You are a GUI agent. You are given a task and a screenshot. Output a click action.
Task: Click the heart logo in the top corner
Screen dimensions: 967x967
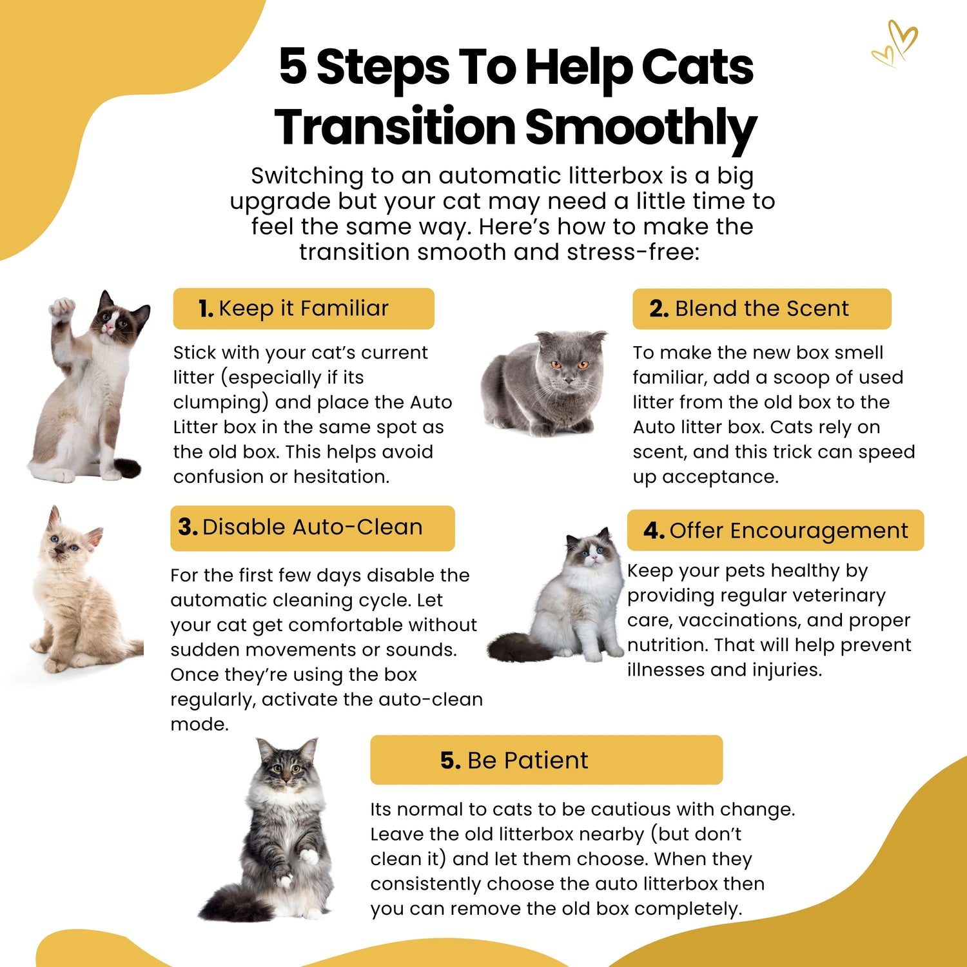pyautogui.click(x=895, y=44)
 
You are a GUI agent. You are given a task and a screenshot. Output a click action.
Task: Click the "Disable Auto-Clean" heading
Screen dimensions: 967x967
pyautogui.click(x=300, y=527)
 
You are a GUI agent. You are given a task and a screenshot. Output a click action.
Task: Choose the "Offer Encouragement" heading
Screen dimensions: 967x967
pyautogui.click(x=776, y=531)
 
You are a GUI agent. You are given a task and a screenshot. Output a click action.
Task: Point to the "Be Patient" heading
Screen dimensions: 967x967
pyautogui.click(x=514, y=761)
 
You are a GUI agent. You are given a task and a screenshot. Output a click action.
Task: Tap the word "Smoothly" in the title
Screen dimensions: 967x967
pyautogui.click(x=641, y=128)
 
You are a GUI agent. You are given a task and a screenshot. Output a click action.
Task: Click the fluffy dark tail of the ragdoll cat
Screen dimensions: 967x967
pyautogui.click(x=520, y=647)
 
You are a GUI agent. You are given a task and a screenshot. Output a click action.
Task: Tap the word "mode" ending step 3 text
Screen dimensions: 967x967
pyautogui.click(x=199, y=725)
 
